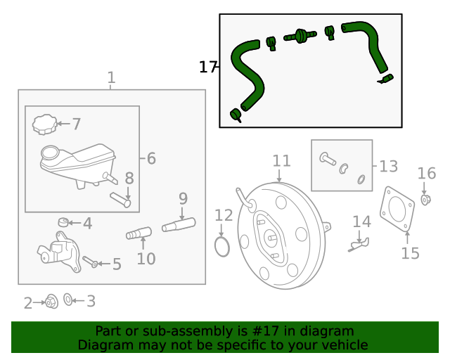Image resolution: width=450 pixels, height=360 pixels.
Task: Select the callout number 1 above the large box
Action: click(111, 77)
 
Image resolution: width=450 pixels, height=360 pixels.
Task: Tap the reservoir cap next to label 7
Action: click(44, 124)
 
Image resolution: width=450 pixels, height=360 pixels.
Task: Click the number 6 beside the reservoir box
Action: click(151, 159)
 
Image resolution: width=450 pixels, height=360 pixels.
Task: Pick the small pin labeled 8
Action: click(122, 200)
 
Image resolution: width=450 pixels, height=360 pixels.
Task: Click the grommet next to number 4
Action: click(63, 224)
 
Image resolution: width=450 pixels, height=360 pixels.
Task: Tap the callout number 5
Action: click(117, 264)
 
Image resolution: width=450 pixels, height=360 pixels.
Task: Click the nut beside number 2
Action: click(51, 302)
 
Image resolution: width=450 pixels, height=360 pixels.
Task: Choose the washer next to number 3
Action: click(68, 300)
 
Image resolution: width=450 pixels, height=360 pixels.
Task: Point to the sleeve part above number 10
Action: click(139, 233)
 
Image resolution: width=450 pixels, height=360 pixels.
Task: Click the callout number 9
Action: click(183, 198)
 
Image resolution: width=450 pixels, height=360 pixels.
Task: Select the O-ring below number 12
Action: click(221, 247)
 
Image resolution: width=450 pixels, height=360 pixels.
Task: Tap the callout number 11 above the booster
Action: click(281, 161)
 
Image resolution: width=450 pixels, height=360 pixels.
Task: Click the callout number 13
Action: click(389, 167)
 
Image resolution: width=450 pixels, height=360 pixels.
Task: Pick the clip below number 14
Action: click(360, 244)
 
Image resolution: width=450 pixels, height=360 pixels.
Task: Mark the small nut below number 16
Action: click(425, 200)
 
